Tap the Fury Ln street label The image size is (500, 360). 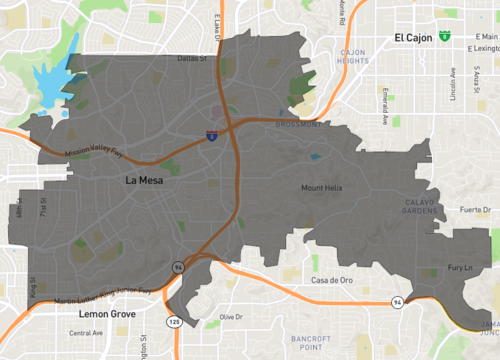click(459, 267)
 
